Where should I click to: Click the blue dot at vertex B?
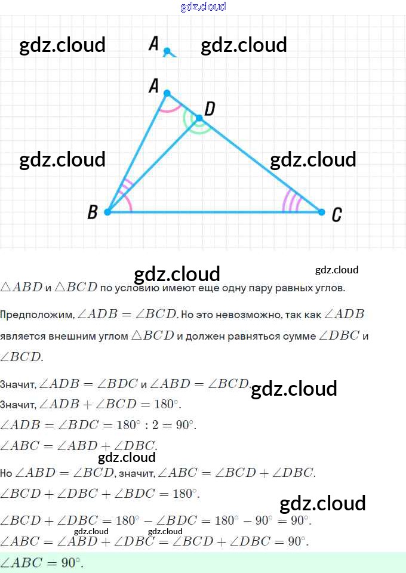tap(107, 212)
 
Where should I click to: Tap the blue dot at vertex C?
tap(321, 212)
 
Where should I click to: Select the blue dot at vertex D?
tap(199, 118)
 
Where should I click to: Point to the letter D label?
tap(210, 109)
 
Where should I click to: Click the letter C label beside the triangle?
tap(337, 215)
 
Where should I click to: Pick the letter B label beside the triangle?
tap(93, 212)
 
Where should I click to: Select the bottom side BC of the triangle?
tap(215, 212)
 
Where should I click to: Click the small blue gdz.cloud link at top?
tap(203, 7)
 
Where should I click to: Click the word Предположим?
tap(36, 314)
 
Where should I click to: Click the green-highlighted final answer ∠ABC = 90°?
tap(42, 563)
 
